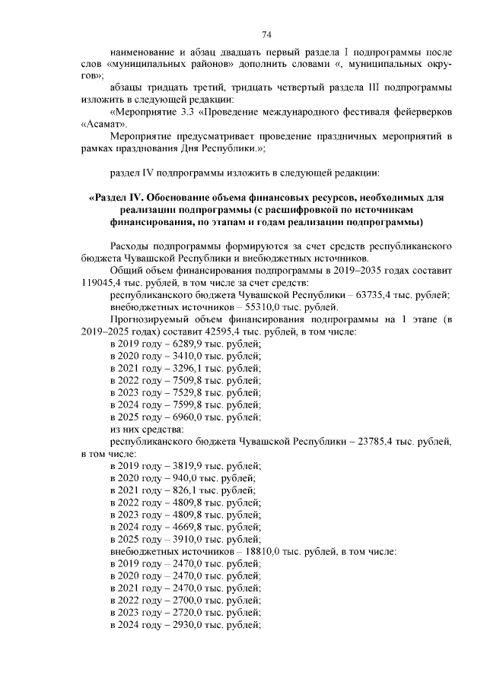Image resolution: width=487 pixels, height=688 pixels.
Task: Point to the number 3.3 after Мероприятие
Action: pyautogui.click(x=185, y=112)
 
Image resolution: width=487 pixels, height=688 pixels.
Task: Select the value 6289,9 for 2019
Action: pyautogui.click(x=179, y=344)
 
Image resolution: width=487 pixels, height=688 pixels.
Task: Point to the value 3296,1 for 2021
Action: pyautogui.click(x=179, y=369)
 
